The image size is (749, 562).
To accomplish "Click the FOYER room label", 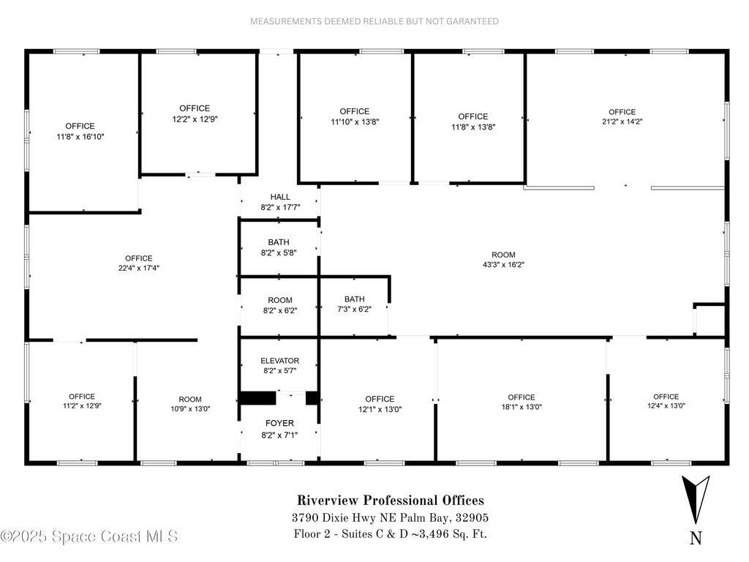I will pyautogui.click(x=279, y=423).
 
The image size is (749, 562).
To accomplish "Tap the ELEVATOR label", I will pyautogui.click(x=279, y=361).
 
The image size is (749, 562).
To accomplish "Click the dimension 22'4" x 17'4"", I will pyautogui.click(x=138, y=268).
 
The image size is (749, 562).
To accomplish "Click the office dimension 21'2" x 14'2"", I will pyautogui.click(x=622, y=122).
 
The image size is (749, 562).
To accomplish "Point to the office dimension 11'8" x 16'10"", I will pyautogui.click(x=80, y=136).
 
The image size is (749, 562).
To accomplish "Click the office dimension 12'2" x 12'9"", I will pyautogui.click(x=195, y=119).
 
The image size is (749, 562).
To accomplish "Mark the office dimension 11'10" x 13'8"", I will pyautogui.click(x=354, y=121).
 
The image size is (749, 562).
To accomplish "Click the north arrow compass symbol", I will pyautogui.click(x=695, y=500).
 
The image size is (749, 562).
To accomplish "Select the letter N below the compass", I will pyautogui.click(x=696, y=538).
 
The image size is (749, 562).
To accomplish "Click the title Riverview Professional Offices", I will pyautogui.click(x=390, y=501).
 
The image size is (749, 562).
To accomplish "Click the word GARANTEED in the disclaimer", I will pyautogui.click(x=470, y=21).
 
